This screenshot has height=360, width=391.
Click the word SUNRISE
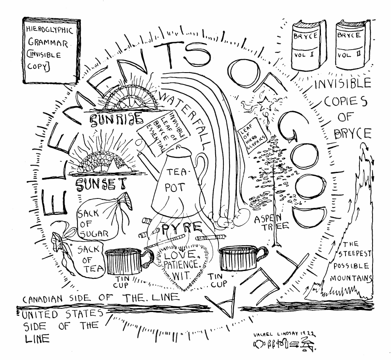(x=116, y=118)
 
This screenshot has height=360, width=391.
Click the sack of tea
(x=82, y=256)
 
